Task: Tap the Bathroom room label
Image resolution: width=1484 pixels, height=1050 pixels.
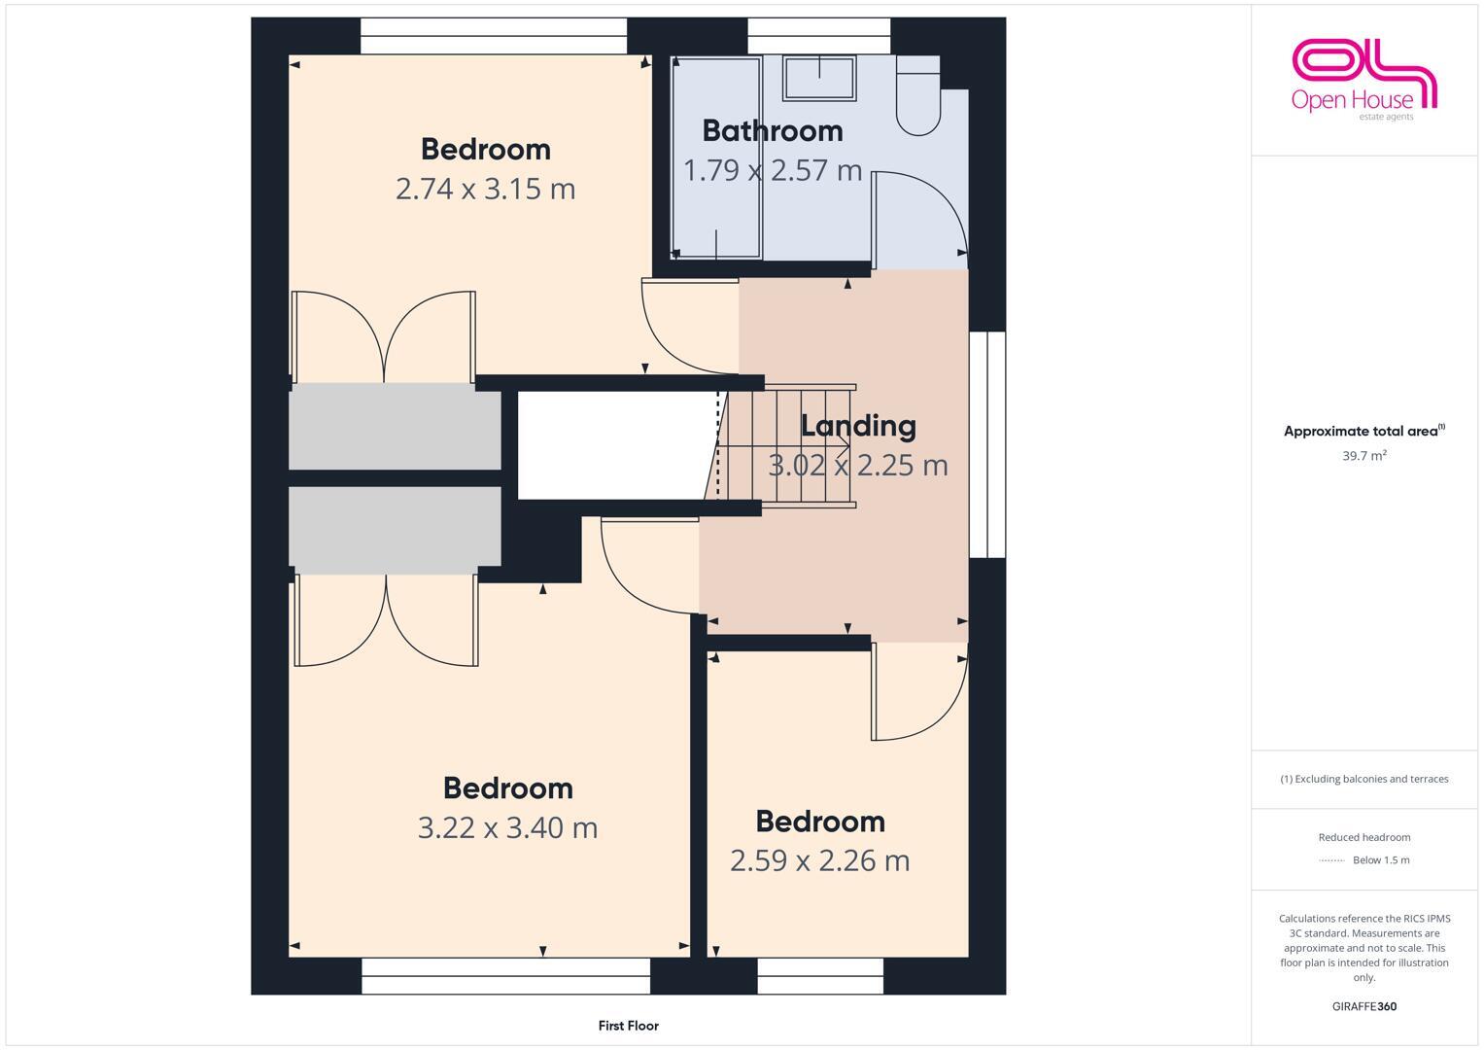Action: [x=772, y=130]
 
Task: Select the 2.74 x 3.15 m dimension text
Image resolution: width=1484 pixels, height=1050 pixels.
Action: [x=485, y=189]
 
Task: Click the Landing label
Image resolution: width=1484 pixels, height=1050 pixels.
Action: [x=857, y=426]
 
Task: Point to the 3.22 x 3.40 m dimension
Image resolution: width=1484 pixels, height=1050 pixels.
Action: [x=507, y=828]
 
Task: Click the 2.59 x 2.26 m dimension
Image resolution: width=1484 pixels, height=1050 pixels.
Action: [x=819, y=861]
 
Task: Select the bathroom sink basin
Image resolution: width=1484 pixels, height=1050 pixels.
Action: [x=819, y=77]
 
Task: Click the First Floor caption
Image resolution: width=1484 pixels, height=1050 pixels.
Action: [x=628, y=1026]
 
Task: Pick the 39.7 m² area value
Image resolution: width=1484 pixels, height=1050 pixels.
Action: [x=1363, y=456]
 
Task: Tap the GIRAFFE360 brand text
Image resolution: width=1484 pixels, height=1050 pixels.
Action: [x=1363, y=1007]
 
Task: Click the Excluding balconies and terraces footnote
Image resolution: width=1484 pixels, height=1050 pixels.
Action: [x=1363, y=780]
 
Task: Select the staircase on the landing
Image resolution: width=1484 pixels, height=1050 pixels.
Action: [x=787, y=446]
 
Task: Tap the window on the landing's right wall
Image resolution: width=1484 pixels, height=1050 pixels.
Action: [x=994, y=444]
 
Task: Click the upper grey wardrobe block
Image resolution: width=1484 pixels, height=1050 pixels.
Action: [x=395, y=426]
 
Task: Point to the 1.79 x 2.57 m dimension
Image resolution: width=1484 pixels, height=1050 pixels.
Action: [x=772, y=171]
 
